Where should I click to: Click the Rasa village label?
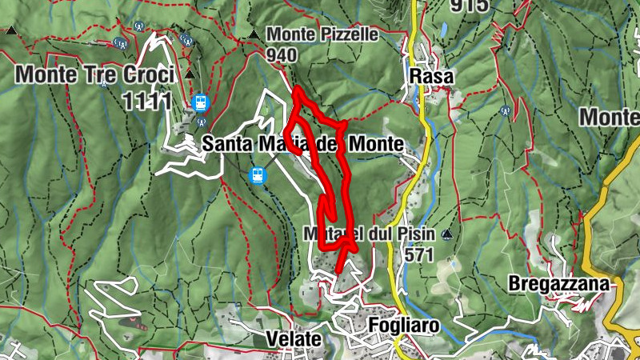click(x=431, y=77)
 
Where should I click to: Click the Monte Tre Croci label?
click(x=94, y=75)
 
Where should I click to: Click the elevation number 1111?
click(x=147, y=100)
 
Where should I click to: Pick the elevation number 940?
click(x=282, y=54)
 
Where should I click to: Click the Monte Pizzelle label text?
click(x=322, y=35)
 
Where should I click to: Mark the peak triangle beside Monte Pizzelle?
click(x=254, y=34)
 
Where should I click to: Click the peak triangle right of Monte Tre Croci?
click(x=189, y=74)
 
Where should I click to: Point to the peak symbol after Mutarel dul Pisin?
click(x=447, y=234)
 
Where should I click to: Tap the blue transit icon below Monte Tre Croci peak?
click(x=200, y=102)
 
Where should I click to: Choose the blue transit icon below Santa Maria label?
click(x=258, y=174)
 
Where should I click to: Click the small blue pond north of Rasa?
click(x=442, y=30)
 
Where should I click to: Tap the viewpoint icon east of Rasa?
click(x=505, y=110)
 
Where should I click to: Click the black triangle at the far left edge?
click(x=11, y=30)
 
